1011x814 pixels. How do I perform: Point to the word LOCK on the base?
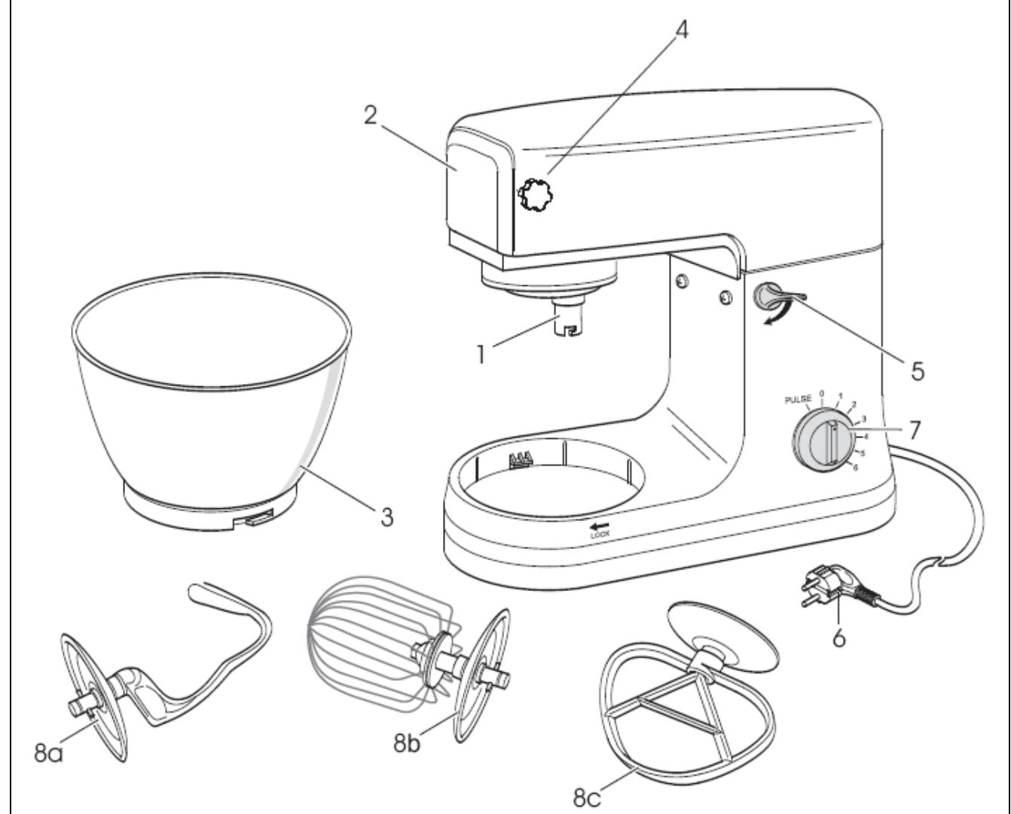pyautogui.click(x=600, y=534)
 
